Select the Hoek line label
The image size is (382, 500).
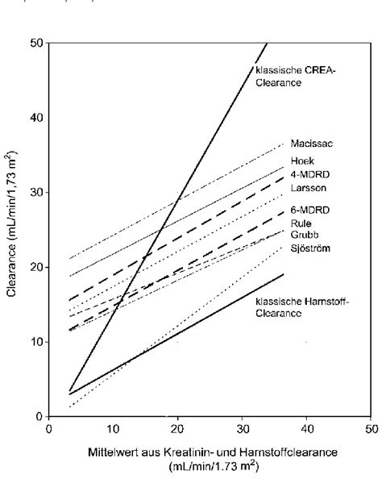coord(302,160)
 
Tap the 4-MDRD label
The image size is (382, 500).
coord(308,173)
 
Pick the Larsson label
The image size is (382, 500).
coord(307,187)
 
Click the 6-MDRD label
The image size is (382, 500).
coord(308,210)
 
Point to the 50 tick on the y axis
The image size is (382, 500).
coord(37,42)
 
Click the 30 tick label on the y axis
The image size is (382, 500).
coord(37,192)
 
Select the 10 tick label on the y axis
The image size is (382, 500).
coord(37,342)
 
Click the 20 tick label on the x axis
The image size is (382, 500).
coord(177,428)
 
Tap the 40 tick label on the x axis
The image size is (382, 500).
coord(306,428)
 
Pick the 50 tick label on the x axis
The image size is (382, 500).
coord(370,428)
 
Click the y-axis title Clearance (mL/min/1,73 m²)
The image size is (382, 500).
coord(12,230)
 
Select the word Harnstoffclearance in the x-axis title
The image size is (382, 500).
coord(282,452)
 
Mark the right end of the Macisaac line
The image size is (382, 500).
coord(284,143)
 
